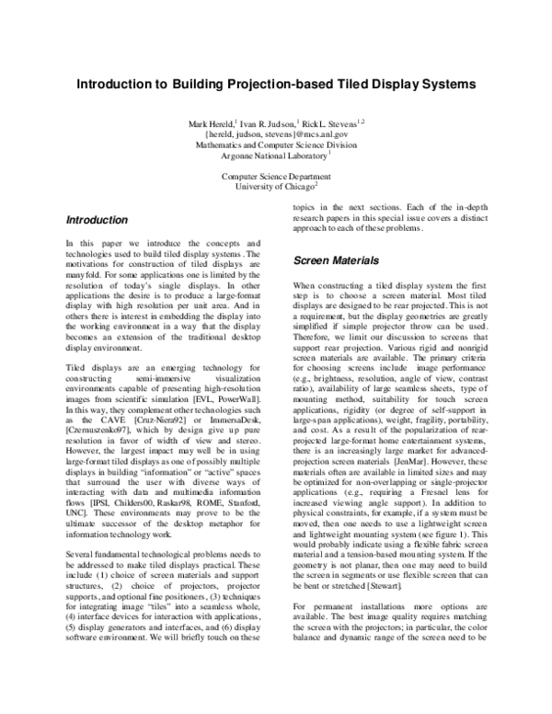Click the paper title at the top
pos(276,83)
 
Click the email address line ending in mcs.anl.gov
pos(276,133)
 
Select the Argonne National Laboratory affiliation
pos(275,155)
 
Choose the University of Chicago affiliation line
pos(275,186)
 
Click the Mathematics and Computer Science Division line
pos(276,144)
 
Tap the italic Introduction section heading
pos(97,221)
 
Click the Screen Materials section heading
pos(336,261)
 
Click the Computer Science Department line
pos(275,175)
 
